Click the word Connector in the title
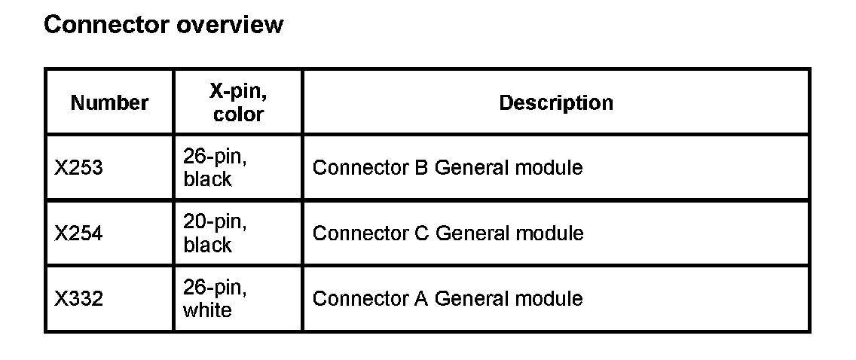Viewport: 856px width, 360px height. coord(107,25)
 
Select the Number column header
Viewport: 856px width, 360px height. coord(109,102)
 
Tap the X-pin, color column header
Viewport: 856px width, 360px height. coord(238,102)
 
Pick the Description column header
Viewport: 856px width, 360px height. coord(556,102)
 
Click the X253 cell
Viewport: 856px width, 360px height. coord(78,167)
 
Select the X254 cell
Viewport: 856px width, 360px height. coord(78,233)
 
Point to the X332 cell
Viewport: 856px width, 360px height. coord(78,298)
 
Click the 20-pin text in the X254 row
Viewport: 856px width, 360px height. coord(215,222)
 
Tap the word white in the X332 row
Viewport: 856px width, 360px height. coord(207,310)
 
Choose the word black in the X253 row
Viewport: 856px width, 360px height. coord(207,179)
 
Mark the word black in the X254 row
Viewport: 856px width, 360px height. coord(207,245)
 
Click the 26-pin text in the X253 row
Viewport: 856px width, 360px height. coord(215,157)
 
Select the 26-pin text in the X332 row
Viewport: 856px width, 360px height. coord(215,288)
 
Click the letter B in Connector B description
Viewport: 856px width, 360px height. coord(421,167)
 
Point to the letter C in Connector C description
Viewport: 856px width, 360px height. coord(422,233)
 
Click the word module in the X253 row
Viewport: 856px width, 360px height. coord(549,167)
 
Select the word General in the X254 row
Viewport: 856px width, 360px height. coord(472,233)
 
